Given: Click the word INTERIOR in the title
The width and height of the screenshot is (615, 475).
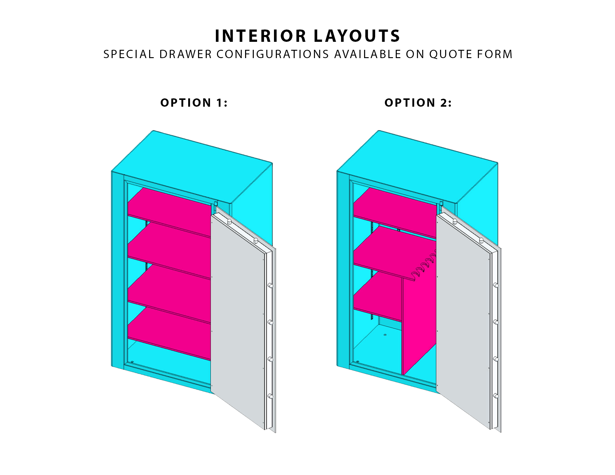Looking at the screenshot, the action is click(x=260, y=36).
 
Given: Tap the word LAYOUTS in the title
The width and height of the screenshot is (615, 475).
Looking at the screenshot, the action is click(x=357, y=36).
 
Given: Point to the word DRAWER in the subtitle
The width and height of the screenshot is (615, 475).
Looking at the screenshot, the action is click(x=185, y=54).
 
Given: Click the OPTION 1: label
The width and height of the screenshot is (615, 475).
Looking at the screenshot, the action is click(x=194, y=103).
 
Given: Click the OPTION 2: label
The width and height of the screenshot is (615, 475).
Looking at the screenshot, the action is click(x=418, y=103).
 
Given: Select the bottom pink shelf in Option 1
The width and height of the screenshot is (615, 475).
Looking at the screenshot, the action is click(x=169, y=333).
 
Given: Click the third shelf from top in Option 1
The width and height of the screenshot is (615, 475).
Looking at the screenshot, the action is click(x=169, y=294).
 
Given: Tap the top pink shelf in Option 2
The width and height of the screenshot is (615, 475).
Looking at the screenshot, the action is click(x=395, y=212).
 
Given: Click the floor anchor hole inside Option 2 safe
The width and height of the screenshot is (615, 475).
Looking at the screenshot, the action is click(x=385, y=334).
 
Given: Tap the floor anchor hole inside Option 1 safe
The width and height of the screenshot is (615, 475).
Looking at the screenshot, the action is click(x=132, y=362).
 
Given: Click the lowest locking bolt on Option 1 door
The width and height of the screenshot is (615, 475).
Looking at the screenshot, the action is click(x=270, y=396).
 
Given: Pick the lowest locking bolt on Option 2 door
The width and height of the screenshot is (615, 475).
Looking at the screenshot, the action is click(x=496, y=396).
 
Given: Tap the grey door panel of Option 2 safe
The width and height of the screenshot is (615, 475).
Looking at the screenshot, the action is click(x=463, y=320).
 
